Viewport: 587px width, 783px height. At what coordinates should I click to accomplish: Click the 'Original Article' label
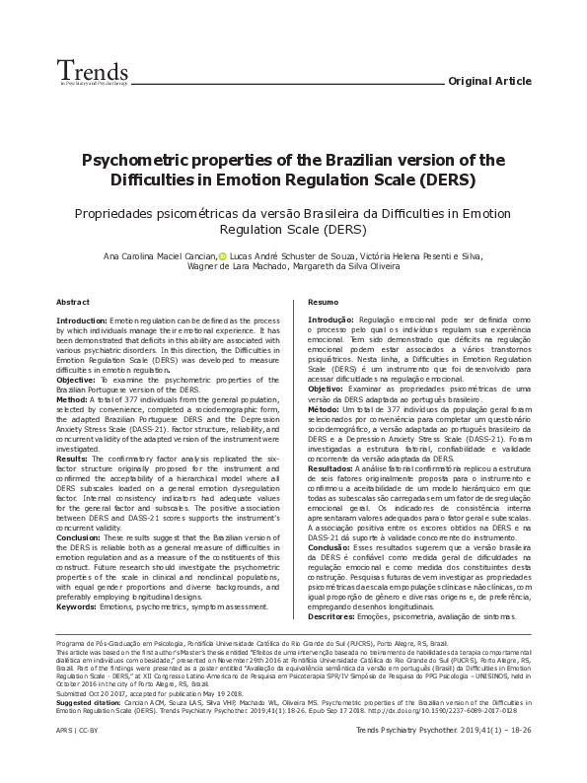488,81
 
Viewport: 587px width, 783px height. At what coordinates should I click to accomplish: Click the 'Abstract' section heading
74,301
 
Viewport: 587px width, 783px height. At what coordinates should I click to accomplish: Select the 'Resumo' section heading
323,301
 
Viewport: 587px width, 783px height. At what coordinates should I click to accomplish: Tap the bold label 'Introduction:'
82,321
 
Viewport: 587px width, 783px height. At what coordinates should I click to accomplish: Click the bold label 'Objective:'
76,379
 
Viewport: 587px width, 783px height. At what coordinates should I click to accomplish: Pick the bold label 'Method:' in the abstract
72,398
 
